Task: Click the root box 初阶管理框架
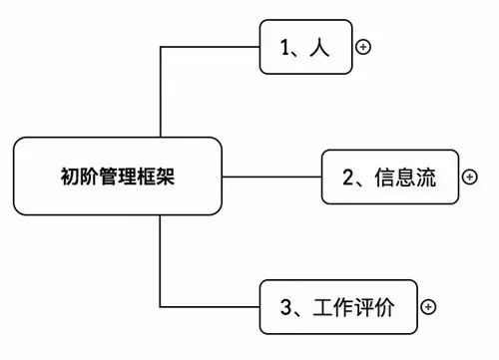(118, 176)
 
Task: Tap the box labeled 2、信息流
(388, 177)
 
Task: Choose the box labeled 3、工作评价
(336, 306)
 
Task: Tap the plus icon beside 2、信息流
(471, 177)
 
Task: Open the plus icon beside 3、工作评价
(428, 306)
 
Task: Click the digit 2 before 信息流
(349, 178)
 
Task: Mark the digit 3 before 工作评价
(284, 307)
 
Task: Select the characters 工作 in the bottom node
(332, 307)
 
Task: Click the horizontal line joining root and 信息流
(270, 177)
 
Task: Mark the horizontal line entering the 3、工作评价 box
(212, 306)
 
